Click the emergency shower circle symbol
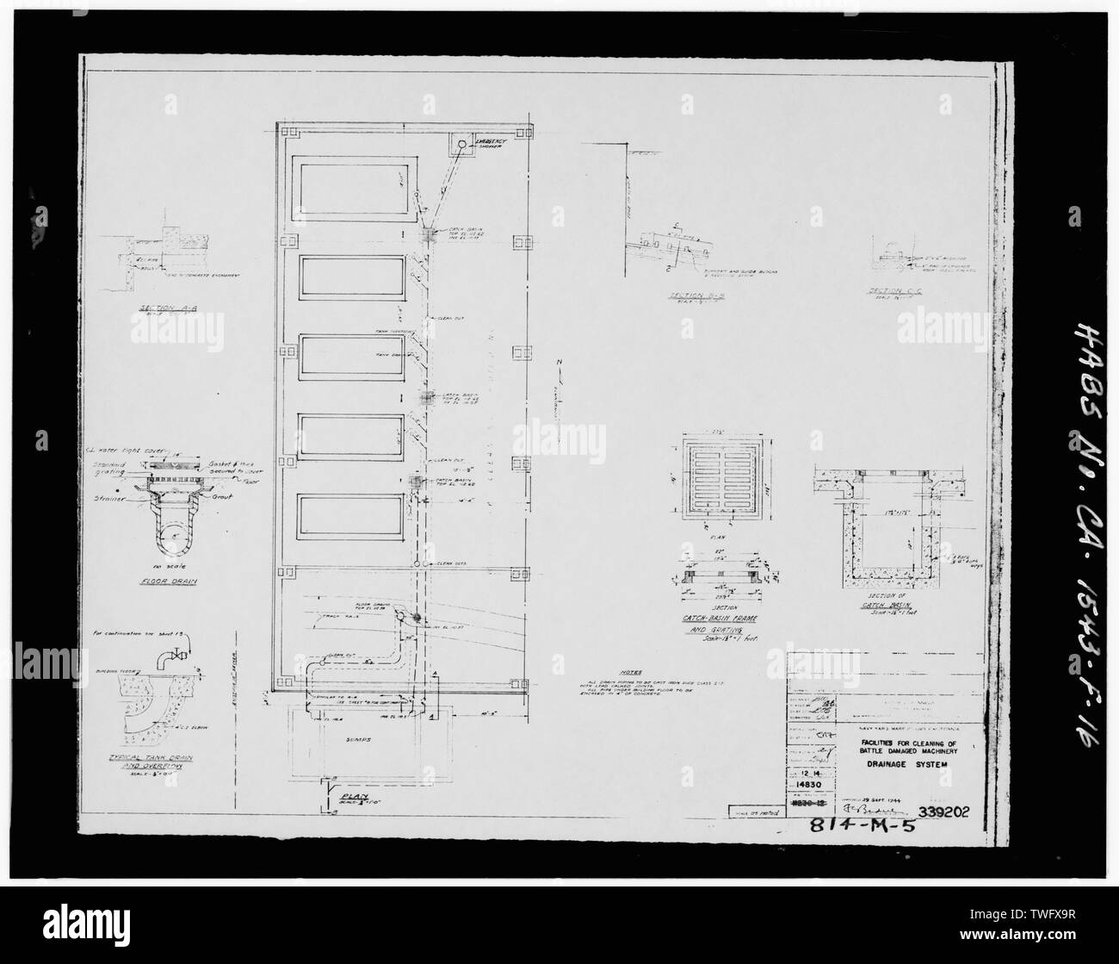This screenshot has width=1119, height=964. click(461, 146)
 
